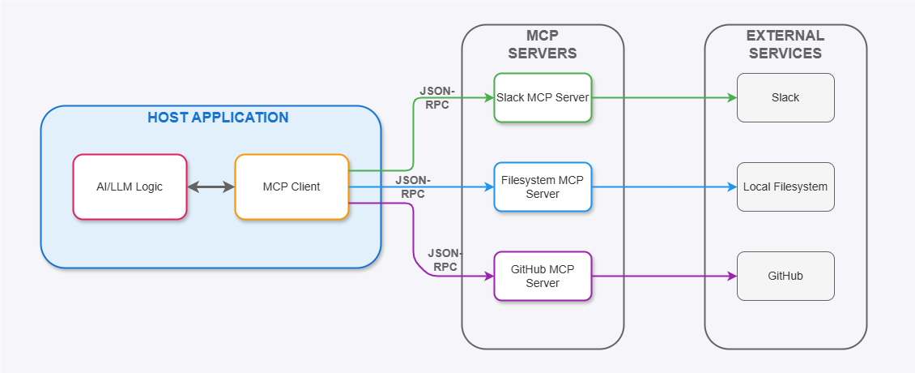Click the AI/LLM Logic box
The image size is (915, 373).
click(x=130, y=186)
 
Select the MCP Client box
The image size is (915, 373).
click(x=292, y=186)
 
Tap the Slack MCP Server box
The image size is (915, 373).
click(x=543, y=97)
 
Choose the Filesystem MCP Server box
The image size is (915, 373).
click(x=543, y=186)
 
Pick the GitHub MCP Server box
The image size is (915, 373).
click(x=543, y=276)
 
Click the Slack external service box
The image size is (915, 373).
click(x=785, y=97)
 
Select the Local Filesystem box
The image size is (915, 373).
click(x=785, y=186)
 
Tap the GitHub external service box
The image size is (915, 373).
click(x=785, y=276)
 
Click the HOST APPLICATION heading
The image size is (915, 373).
click(x=218, y=118)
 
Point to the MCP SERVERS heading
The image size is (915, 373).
click(x=543, y=45)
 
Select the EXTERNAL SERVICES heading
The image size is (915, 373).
click(x=785, y=45)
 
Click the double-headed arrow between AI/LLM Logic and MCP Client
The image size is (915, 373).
click(x=211, y=186)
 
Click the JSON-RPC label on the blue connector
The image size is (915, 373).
click(x=413, y=186)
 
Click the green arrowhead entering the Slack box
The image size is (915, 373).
click(x=731, y=97)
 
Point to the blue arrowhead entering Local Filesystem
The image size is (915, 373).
click(x=731, y=186)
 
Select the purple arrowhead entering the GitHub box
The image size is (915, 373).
click(x=731, y=276)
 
